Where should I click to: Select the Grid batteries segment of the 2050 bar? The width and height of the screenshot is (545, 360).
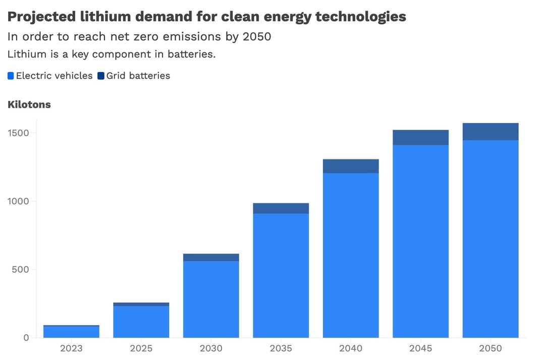[x=490, y=132]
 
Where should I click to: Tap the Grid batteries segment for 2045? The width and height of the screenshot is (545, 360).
[x=420, y=138]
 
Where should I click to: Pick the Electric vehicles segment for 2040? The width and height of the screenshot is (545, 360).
[x=351, y=255]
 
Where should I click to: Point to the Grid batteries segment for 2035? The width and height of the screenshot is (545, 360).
[x=281, y=208]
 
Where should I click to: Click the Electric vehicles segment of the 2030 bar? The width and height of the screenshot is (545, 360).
[x=211, y=299]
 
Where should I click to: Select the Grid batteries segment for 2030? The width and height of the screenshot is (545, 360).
[x=211, y=257]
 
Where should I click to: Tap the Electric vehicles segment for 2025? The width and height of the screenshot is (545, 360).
[x=141, y=322]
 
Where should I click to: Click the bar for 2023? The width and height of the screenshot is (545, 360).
[x=71, y=332]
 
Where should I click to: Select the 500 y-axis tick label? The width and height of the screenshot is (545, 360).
[x=20, y=269]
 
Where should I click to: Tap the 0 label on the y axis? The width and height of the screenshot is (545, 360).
[x=26, y=338]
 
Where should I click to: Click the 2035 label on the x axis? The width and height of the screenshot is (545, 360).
[x=281, y=348]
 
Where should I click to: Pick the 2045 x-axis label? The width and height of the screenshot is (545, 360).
[x=420, y=348]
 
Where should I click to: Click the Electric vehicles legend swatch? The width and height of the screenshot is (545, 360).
[x=11, y=76]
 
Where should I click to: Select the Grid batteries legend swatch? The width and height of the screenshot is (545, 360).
[x=100, y=76]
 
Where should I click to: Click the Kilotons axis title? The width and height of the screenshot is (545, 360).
[x=29, y=104]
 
